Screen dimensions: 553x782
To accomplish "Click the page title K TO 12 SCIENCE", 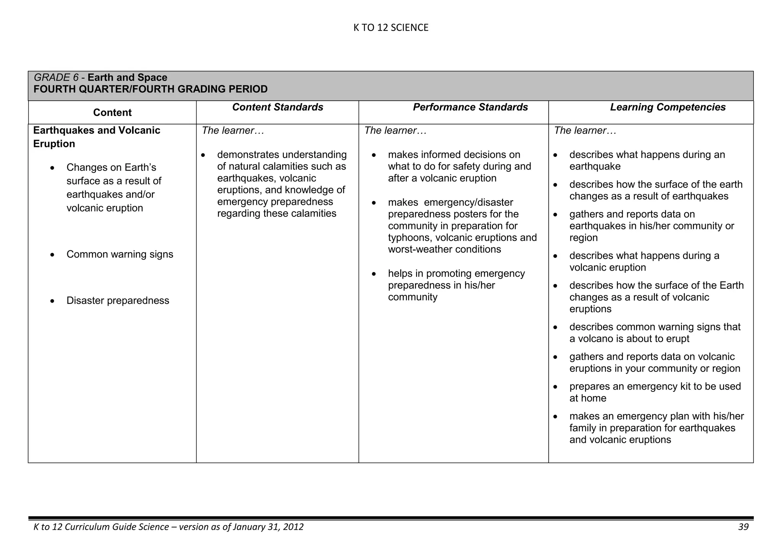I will click(x=391, y=28).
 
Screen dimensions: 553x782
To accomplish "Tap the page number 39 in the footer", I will click(x=743, y=527).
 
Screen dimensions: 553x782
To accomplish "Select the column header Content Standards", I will click(x=278, y=107).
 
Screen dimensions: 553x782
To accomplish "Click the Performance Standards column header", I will click(x=470, y=107).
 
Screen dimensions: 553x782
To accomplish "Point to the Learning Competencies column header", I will click(x=667, y=107).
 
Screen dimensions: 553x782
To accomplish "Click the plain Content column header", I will click(x=112, y=113).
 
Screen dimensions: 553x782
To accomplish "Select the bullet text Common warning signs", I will click(x=120, y=254).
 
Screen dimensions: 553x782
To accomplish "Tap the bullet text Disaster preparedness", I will click(x=118, y=301).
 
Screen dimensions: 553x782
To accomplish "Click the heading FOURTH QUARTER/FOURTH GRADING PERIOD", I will click(x=150, y=89).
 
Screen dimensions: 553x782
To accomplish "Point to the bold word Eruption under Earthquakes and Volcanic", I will click(x=54, y=144).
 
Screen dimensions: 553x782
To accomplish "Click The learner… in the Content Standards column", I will click(x=233, y=131).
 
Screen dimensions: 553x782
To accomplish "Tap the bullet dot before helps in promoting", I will click(x=375, y=274).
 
